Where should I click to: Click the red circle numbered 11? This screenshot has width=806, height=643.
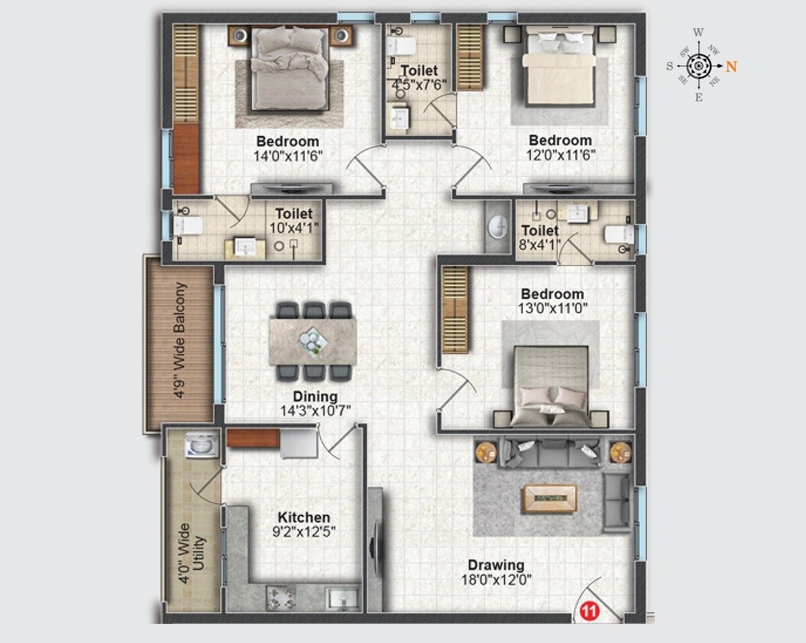[x=588, y=611]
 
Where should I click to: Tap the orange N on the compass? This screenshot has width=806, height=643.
[x=731, y=67]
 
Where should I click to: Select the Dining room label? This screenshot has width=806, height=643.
[x=315, y=397]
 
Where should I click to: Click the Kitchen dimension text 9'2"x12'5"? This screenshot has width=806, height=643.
[x=303, y=531]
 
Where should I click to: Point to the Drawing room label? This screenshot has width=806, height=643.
[x=496, y=566]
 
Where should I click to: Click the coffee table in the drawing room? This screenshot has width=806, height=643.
[x=549, y=498]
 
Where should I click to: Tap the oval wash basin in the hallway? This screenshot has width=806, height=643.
[x=498, y=226]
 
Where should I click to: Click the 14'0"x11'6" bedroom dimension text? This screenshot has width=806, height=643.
[x=287, y=155]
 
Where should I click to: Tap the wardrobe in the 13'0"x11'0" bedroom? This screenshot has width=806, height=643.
[x=455, y=310]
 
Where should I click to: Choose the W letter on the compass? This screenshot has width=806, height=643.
[x=698, y=33]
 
